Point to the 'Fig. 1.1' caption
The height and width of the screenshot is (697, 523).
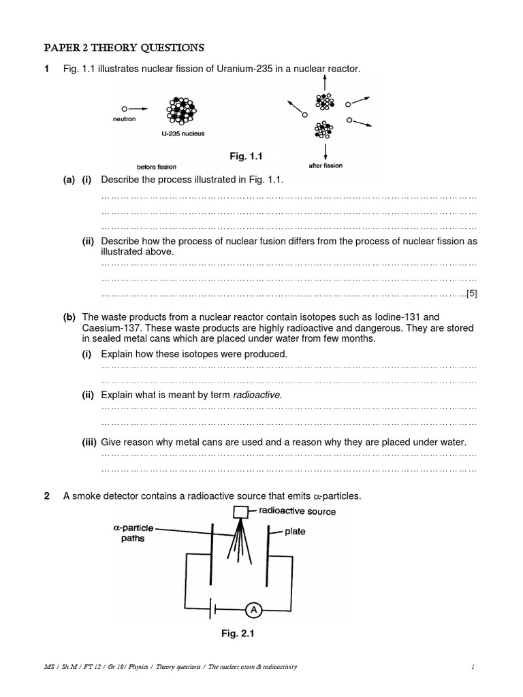[246, 157]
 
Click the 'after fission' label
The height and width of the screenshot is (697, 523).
[325, 165]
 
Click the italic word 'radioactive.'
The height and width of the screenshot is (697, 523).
[257, 395]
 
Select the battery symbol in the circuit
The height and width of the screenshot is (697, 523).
[212, 610]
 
